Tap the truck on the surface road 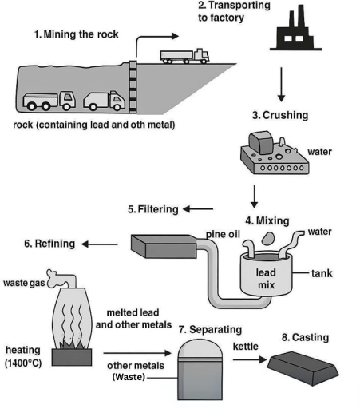click(184, 55)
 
